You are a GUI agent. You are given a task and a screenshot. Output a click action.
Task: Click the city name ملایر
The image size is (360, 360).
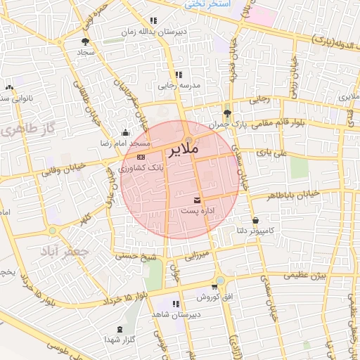click(184, 150)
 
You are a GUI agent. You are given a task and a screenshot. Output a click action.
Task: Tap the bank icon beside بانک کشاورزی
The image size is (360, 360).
click(141, 157)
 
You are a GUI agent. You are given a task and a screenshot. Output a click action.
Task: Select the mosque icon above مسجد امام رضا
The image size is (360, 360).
click(126, 132)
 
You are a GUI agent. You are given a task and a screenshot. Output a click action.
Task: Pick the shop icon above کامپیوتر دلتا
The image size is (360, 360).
click(255, 220)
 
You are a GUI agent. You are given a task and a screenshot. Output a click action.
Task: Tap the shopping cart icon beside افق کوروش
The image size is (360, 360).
click(213, 288)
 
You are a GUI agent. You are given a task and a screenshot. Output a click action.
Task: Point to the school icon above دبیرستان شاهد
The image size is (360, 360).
click(176, 304)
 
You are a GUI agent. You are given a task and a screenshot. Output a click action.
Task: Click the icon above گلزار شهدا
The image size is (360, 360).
click(119, 329)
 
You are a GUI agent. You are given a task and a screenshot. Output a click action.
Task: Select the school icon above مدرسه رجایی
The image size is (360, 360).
click(179, 75)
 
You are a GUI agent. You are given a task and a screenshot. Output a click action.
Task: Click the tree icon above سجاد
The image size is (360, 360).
click(86, 41)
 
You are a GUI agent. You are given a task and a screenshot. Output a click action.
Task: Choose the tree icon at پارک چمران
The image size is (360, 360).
click(226, 112)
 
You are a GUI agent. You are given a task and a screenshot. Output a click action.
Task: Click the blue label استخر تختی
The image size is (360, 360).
click(208, 4)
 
